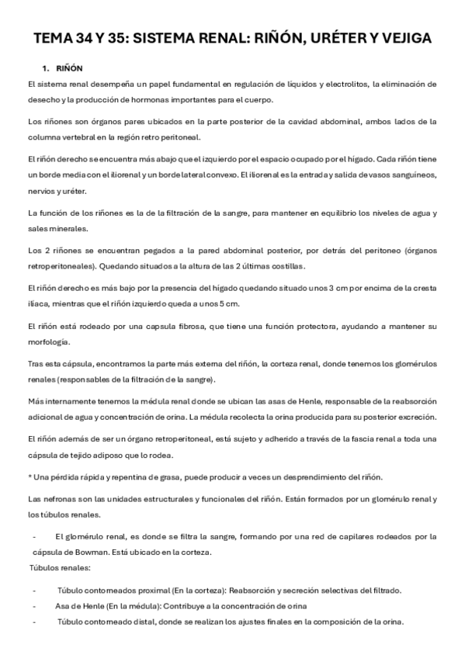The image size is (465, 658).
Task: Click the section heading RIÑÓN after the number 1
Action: tap(70, 68)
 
